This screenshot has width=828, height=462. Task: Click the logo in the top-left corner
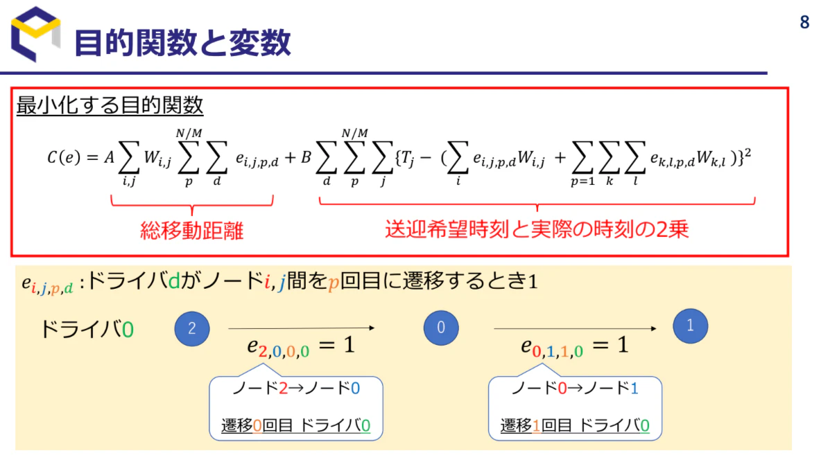coord(35,34)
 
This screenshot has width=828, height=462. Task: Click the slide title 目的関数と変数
coord(182,43)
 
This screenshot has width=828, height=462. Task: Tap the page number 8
coord(804,22)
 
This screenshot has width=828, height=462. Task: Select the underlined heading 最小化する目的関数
coord(110,105)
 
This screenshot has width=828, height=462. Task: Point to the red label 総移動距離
coord(191,231)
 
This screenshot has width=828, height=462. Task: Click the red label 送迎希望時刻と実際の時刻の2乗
coord(537,229)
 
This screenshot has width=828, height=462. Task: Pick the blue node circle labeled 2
coord(192,328)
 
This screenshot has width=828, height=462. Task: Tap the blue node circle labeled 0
coord(441,328)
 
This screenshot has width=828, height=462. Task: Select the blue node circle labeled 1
coord(690,326)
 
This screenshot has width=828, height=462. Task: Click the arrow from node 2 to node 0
coord(302,328)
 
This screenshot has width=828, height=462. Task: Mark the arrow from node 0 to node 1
coord(575,328)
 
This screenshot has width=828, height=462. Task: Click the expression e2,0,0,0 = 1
coord(301,346)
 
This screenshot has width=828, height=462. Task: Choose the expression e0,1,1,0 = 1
coord(575,346)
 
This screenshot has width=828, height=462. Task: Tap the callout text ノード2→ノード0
coord(296,389)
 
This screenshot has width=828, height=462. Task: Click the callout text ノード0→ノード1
coord(575,389)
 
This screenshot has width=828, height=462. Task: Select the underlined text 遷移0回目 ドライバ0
coord(295,425)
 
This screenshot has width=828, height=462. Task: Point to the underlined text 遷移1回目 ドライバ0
coord(575,425)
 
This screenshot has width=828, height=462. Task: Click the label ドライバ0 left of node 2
coord(87,329)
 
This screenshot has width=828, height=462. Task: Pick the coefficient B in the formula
coord(306,157)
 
